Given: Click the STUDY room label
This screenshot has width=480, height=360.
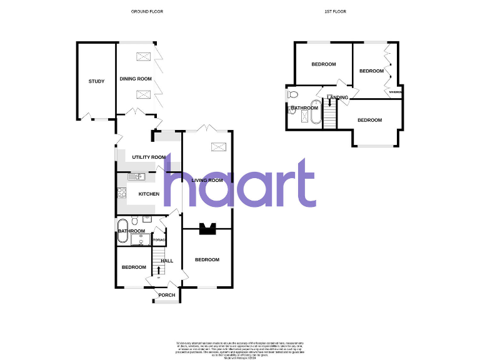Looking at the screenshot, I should pyautogui.click(x=96, y=81).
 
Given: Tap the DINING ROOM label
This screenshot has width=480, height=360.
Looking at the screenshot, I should pyautogui.click(x=136, y=79).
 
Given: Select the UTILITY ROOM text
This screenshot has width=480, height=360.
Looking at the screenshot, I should pyautogui.click(x=149, y=157).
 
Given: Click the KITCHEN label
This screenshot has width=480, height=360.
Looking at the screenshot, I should pyautogui.click(x=149, y=194).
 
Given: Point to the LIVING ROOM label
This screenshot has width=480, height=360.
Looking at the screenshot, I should pyautogui.click(x=207, y=181).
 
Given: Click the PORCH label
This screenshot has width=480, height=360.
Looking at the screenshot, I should pyautogui.click(x=166, y=295).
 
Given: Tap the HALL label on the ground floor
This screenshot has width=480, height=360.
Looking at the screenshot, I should pyautogui.click(x=167, y=261).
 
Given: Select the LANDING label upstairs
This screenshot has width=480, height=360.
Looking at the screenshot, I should pyautogui.click(x=339, y=97).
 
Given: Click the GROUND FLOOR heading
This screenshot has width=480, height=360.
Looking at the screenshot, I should pyautogui.click(x=147, y=12).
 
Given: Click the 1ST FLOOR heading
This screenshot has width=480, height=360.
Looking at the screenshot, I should pyautogui.click(x=336, y=12).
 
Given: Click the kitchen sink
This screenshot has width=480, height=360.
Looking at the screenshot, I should pyautogui.click(x=136, y=177).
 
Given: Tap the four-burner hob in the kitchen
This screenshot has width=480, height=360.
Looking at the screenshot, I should pyautogui.click(x=121, y=192).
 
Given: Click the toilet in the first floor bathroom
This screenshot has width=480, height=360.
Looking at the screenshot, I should pyautogui.click(x=292, y=95).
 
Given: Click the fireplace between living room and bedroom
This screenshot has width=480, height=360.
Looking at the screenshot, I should pyautogui.click(x=207, y=229).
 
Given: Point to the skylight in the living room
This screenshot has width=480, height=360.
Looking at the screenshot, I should pyautogui.click(x=218, y=146).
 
